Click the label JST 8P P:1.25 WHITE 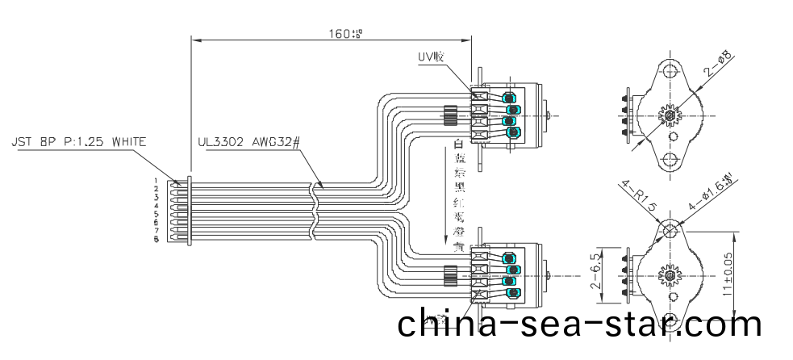point(77,142)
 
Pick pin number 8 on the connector point(156,240)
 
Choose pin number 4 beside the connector point(156,206)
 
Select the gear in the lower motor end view point(671,274)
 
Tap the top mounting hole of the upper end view point(671,69)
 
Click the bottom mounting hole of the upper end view point(671,159)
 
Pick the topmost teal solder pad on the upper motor point(510,98)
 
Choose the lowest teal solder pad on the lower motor point(510,292)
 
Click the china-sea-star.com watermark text point(579,324)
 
